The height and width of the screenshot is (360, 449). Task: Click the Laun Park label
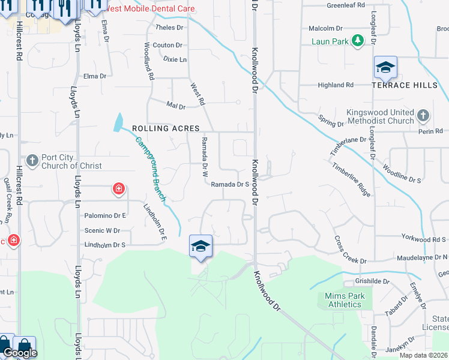330,41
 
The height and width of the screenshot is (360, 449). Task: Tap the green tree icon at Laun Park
358,41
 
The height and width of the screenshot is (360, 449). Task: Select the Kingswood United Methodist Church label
381,116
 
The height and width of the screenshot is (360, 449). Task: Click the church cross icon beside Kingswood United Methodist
423,115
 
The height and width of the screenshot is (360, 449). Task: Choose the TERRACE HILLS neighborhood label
405,85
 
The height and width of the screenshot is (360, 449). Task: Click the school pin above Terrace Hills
385,68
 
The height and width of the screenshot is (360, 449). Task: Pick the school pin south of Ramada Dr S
200,246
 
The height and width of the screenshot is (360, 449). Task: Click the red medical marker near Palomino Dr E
119,190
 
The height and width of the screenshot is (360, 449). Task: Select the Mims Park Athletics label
343,300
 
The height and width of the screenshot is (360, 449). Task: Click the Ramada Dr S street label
230,185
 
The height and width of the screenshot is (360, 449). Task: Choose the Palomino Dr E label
105,215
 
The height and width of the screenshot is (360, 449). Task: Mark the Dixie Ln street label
175,59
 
